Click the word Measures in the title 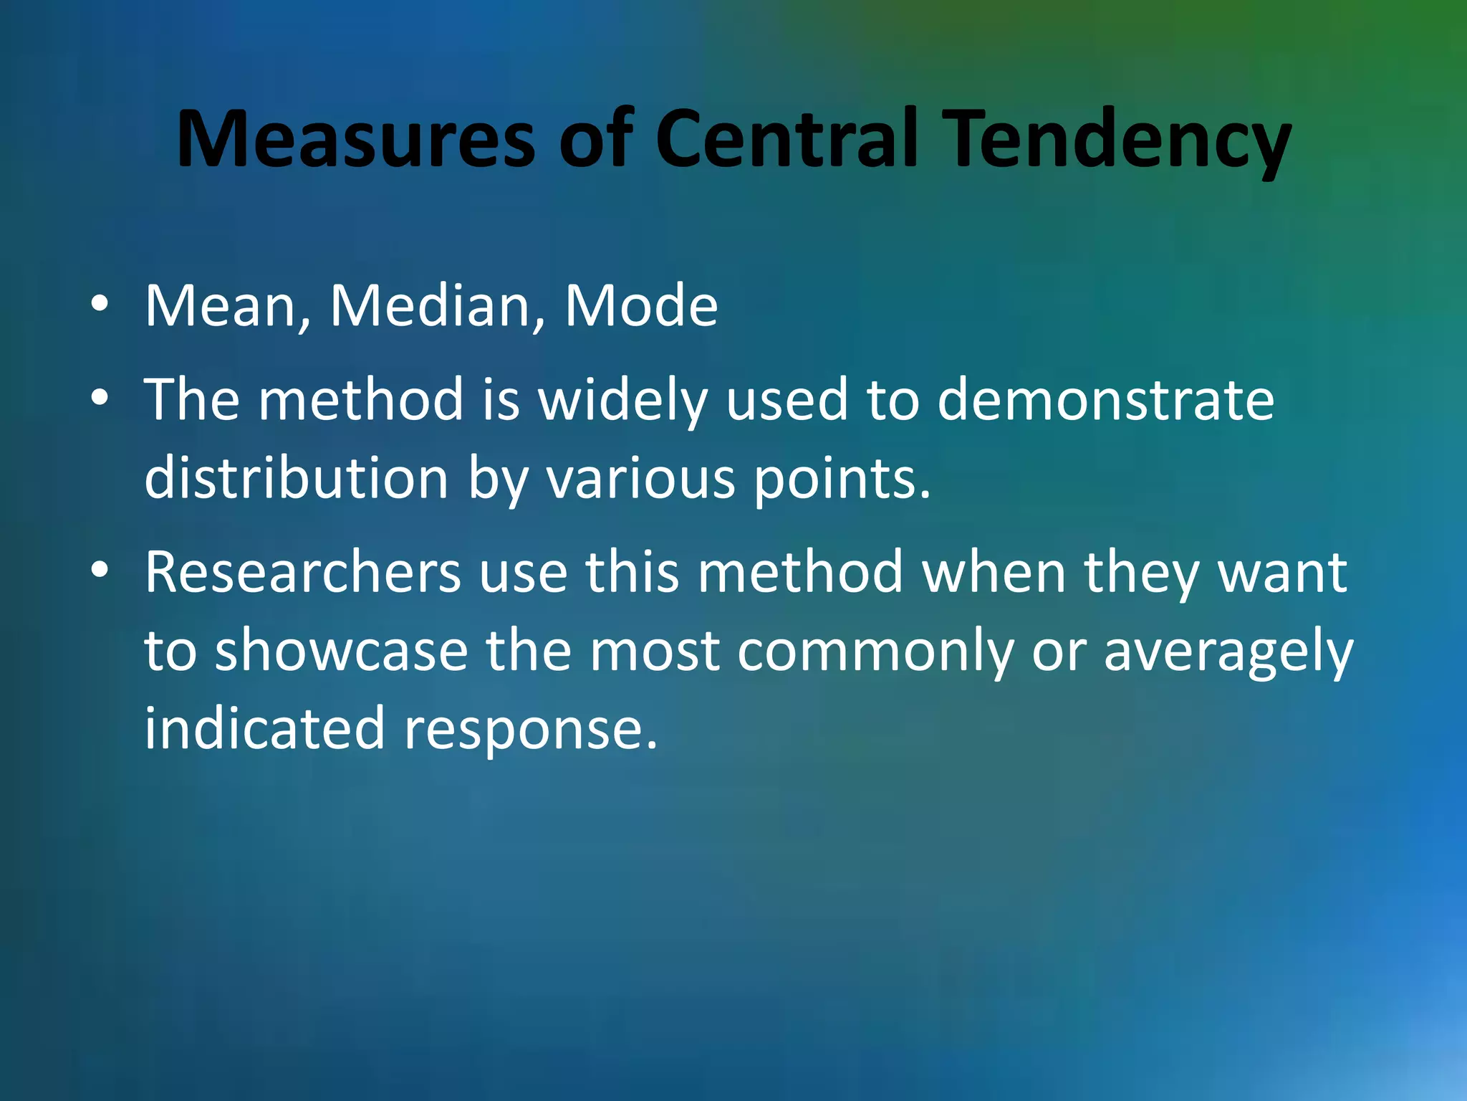[x=355, y=139]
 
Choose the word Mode [x=641, y=307]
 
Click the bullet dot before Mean [x=100, y=304]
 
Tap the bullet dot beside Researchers [x=100, y=570]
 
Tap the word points [x=842, y=480]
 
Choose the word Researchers [x=303, y=573]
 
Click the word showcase [x=341, y=651]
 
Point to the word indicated [x=264, y=728]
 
